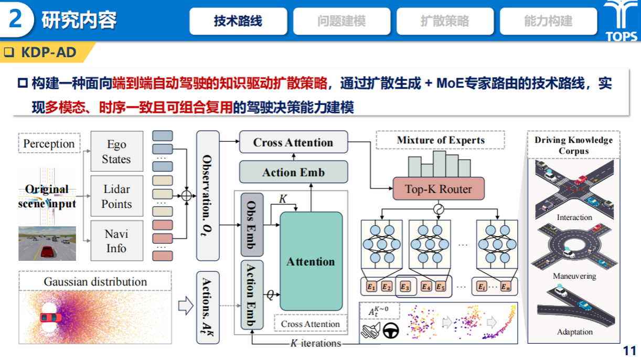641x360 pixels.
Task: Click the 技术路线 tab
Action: (238, 21)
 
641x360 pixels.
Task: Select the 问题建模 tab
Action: (341, 21)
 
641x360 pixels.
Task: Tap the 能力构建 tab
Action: (548, 21)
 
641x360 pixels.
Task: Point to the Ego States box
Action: (116, 152)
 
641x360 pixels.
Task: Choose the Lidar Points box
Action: (116, 196)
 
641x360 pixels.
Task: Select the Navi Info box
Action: (116, 241)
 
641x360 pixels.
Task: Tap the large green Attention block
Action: (311, 261)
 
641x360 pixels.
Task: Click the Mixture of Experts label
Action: (440, 141)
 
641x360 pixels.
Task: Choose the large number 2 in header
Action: (16, 20)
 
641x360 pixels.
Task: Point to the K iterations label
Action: (315, 344)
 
